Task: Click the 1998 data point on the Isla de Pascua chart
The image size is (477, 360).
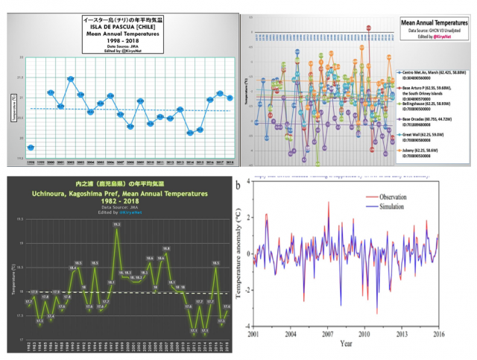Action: [x=31, y=147]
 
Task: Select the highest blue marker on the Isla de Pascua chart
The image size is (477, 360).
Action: [x=71, y=78]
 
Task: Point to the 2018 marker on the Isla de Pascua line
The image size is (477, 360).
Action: [x=230, y=97]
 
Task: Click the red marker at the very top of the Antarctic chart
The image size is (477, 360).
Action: [x=368, y=28]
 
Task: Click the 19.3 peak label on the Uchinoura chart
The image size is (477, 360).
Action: [x=117, y=223]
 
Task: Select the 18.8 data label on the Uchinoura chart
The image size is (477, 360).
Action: [x=166, y=248]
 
